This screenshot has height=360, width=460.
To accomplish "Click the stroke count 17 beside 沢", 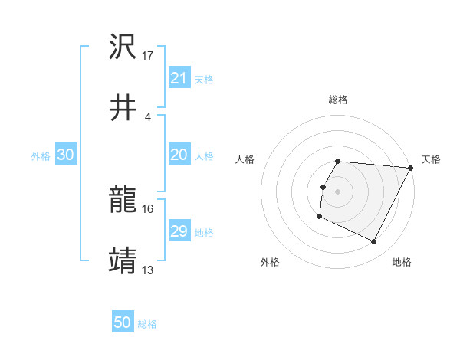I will tap(148, 56).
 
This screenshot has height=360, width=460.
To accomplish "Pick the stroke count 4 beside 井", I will tap(148, 116).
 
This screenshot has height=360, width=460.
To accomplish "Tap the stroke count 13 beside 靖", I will tap(148, 270).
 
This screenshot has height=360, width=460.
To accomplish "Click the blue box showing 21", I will tap(179, 77).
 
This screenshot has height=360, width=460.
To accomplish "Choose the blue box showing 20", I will tap(179, 155).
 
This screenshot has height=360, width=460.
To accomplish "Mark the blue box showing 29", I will tap(179, 231).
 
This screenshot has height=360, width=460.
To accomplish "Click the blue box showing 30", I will tap(66, 155).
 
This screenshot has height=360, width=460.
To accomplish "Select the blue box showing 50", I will tap(123, 322).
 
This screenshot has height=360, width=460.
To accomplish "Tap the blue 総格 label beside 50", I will tap(147, 324).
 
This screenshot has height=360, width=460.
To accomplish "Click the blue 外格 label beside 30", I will tap(41, 156).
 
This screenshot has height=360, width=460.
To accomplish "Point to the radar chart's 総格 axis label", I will tap(338, 100).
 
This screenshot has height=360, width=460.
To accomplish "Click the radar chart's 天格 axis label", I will tap(431, 159).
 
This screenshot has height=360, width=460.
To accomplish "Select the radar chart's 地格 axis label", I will tap(402, 262).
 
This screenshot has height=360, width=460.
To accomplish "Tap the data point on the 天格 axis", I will tap(411, 168).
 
